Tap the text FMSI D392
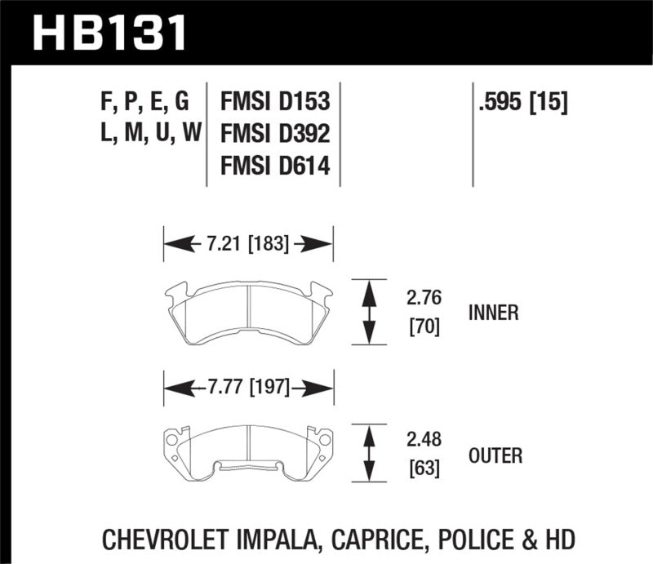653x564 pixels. [274, 135]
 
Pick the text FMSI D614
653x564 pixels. [274, 167]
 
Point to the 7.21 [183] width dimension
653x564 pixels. [248, 242]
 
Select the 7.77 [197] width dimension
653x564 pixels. [248, 387]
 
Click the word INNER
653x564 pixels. [494, 313]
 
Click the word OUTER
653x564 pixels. [495, 455]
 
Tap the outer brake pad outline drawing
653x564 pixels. [248, 449]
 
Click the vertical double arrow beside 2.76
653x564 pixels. [369, 312]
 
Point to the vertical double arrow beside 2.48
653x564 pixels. [369, 455]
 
